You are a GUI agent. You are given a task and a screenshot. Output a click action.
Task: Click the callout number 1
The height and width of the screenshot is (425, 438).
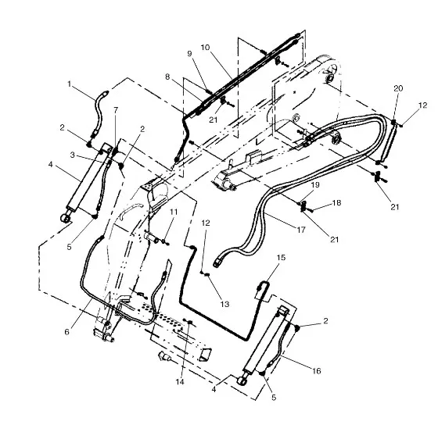70,84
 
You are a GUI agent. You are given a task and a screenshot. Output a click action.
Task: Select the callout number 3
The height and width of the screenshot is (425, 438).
73,155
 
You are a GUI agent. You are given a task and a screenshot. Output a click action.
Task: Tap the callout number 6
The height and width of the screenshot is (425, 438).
66,332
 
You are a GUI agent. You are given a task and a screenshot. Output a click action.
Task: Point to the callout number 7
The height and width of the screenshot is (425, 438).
116,109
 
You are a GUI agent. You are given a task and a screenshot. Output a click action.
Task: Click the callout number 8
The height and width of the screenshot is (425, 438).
167,77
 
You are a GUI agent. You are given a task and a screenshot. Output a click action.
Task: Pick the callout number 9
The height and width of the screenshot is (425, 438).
189,53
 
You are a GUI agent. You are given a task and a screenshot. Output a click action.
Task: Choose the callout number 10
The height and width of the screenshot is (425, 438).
205,47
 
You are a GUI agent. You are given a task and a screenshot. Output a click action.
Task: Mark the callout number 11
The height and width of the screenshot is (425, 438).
174,212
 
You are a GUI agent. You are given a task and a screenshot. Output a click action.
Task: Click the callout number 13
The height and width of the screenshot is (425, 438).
225,304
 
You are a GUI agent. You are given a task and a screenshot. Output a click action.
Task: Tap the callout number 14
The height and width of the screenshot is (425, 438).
180,381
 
